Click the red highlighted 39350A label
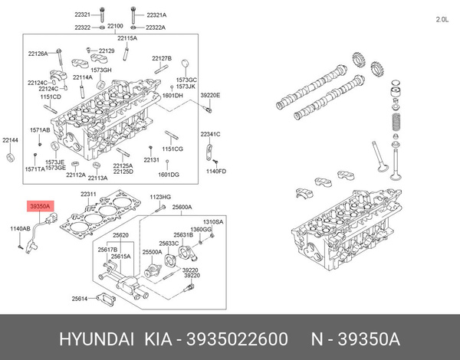coord(40,206)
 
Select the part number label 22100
coord(115,26)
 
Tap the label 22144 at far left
coord(10,140)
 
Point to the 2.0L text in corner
coord(442,18)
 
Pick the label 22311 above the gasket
coord(89,195)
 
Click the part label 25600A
coord(182,207)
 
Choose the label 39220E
coord(210,95)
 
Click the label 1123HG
coord(159,197)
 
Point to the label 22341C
coord(210,134)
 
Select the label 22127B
coord(162,59)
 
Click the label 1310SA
coord(213,221)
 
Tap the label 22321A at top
coord(156,15)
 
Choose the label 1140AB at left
coord(21,228)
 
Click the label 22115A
coord(127,38)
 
